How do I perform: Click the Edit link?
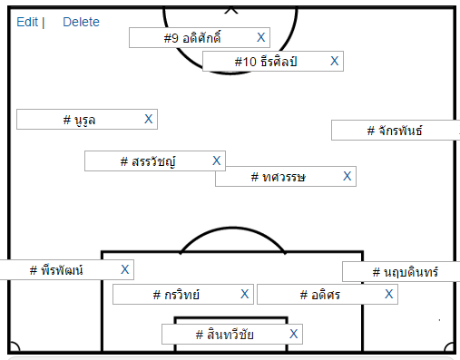(27, 22)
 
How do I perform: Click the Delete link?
(81, 22)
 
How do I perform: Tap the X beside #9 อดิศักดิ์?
(261, 37)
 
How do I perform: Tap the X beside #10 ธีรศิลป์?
(335, 61)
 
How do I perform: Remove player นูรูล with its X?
(150, 119)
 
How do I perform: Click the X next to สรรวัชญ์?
(217, 161)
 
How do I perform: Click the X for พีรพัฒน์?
(125, 269)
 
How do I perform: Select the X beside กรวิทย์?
(245, 294)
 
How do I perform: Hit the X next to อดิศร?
(389, 294)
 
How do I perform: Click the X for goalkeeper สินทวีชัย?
(294, 335)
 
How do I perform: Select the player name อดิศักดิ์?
(192, 38)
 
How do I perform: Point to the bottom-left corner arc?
(13, 347)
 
